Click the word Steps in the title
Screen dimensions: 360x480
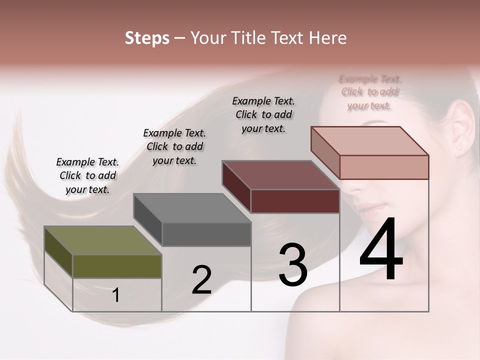pos(147,38)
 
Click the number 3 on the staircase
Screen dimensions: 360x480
pos(293,265)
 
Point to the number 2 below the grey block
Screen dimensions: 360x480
pos(201,280)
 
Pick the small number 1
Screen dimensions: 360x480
pos(116,295)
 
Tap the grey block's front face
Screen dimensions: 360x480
pos(206,234)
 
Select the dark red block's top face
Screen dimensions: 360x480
pos(280,175)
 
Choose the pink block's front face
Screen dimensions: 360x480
pos(384,167)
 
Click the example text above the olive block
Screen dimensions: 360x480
pos(87,175)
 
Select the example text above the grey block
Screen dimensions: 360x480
pos(174,146)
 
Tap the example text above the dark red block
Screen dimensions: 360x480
pos(263,114)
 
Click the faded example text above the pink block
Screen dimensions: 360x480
pos(370,92)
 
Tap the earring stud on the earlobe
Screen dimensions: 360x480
pos(458,148)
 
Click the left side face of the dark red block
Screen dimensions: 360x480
pos(236,186)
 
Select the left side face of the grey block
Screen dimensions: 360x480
pos(148,220)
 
